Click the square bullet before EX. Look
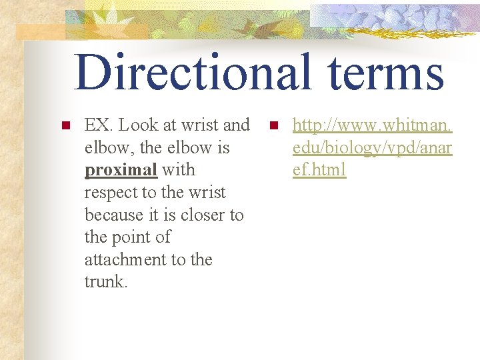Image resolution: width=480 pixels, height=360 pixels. pos(65,125)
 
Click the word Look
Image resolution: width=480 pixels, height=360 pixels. pos(138,125)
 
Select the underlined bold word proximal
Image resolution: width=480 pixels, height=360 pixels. pos(121,170)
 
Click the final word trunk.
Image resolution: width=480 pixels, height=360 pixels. pos(105,282)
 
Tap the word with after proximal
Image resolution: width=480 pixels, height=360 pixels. pos(179,170)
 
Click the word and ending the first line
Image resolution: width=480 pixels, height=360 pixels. pos(236,125)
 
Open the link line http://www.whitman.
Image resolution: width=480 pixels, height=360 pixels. pos(372,125)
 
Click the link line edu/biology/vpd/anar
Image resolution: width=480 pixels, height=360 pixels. pos(372,147)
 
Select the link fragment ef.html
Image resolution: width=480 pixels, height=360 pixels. pos(319,170)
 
